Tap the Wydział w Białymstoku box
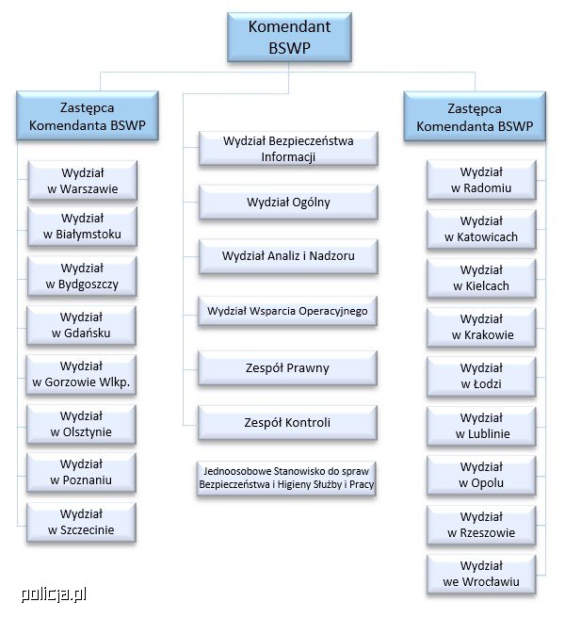(82, 226)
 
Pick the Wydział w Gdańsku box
(82, 325)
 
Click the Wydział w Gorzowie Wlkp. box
(82, 374)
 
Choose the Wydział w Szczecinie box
(82, 521)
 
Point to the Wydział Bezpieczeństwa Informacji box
(288, 149)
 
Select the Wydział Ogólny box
(288, 202)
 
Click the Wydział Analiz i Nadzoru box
(288, 255)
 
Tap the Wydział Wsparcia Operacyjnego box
(288, 310)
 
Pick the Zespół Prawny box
(288, 368)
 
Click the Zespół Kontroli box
(288, 422)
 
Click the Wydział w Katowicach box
(481, 229)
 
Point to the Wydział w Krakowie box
(481, 327)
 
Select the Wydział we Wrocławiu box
(481, 574)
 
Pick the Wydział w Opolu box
(481, 475)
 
